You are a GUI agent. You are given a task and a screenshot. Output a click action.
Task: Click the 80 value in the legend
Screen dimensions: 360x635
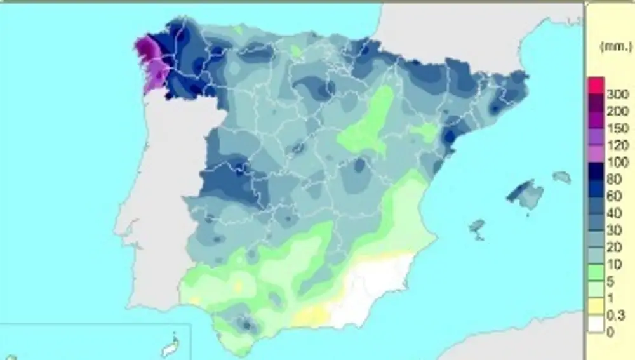click(615, 180)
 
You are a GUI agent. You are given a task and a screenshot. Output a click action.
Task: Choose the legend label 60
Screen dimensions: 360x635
click(615, 197)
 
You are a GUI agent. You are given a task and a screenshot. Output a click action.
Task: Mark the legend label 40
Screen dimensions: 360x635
click(615, 214)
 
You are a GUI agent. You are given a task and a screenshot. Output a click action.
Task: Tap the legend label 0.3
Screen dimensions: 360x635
click(615, 316)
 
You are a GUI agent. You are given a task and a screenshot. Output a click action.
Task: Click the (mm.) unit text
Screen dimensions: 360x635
click(617, 46)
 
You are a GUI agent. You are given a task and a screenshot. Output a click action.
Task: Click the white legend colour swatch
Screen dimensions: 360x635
click(596, 324)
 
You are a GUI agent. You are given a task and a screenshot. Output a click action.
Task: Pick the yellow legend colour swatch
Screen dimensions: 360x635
click(596, 307)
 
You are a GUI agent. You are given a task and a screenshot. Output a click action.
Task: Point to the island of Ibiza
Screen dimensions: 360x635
click(478, 227)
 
